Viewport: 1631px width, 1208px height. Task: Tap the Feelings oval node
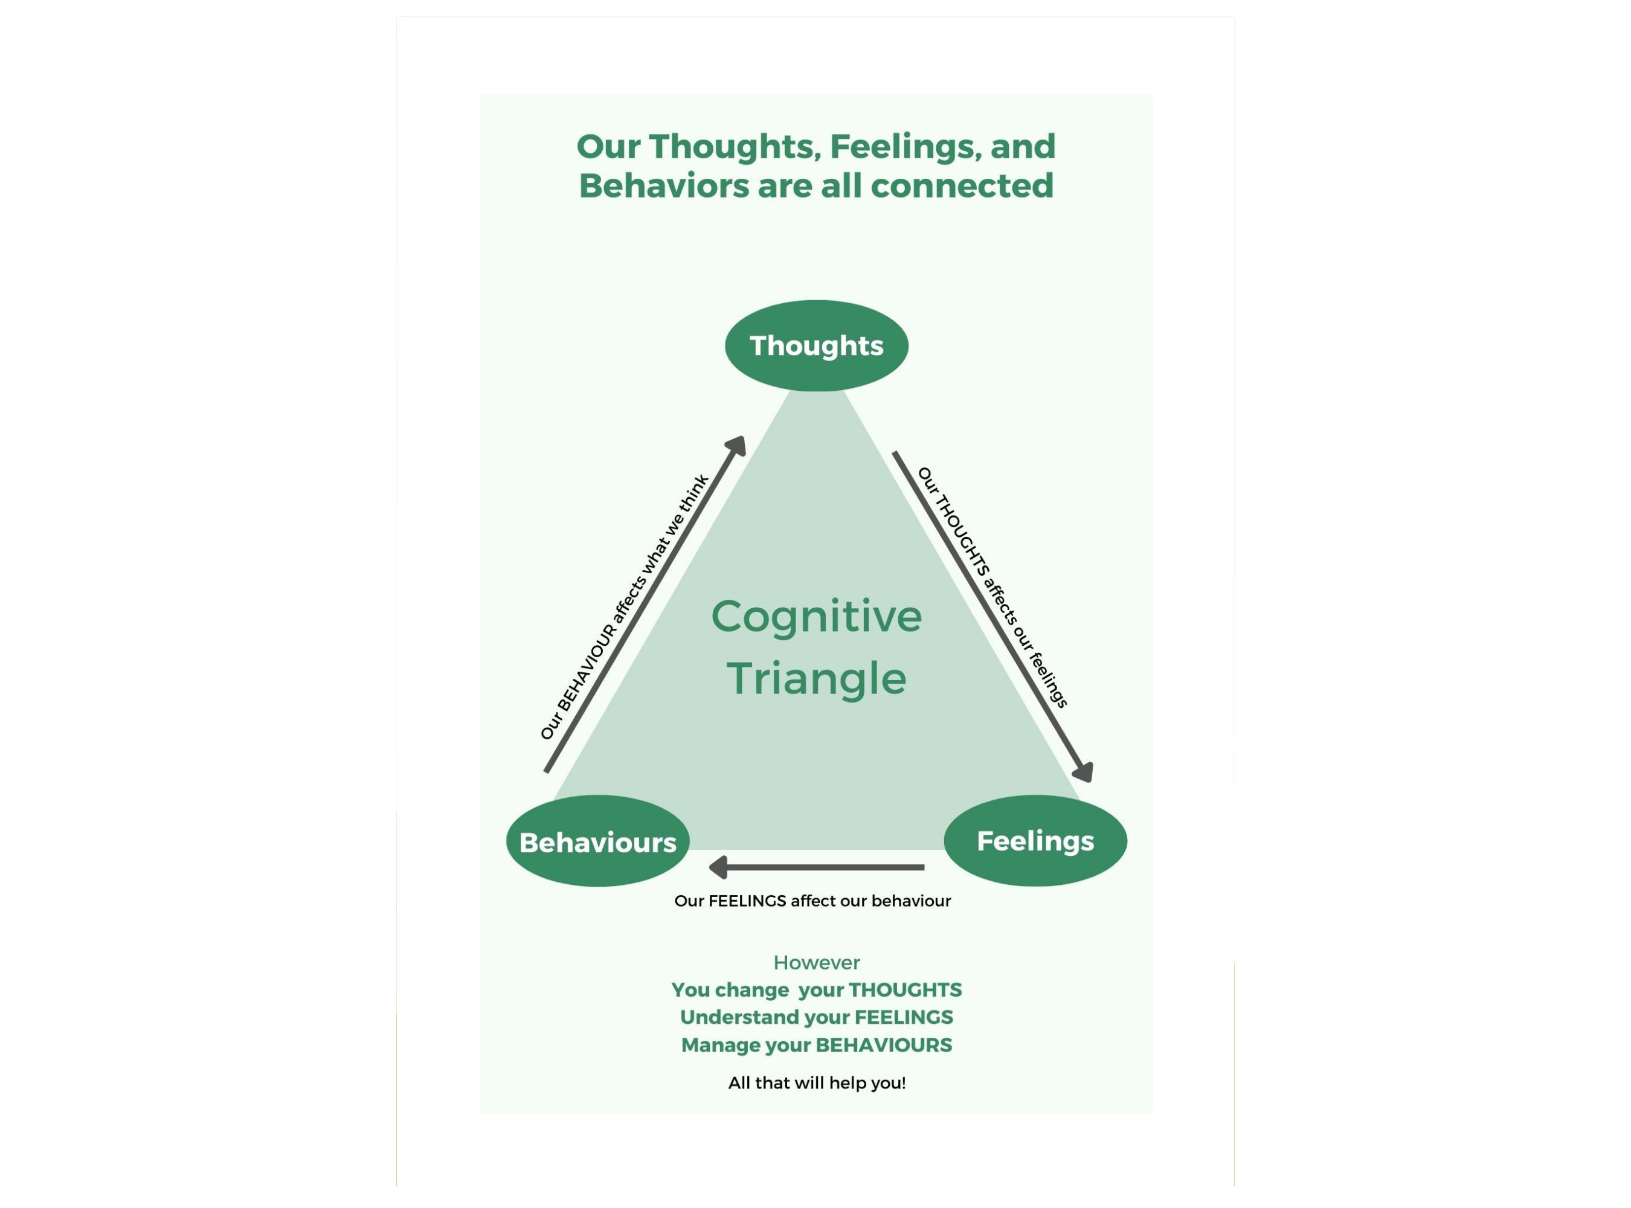tap(1035, 841)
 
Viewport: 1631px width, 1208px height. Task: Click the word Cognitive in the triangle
tap(816, 617)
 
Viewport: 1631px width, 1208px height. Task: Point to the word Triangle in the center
tap(816, 678)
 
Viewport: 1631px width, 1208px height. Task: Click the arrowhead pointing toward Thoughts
tap(736, 445)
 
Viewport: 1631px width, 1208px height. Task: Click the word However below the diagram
tap(816, 963)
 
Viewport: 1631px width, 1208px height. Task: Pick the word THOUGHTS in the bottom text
tap(905, 990)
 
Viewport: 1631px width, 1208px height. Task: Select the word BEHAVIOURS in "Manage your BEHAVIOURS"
tap(884, 1046)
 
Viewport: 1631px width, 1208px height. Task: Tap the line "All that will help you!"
tap(816, 1084)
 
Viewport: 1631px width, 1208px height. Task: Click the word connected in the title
tap(962, 186)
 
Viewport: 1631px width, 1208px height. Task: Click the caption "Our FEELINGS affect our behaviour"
tap(812, 902)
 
